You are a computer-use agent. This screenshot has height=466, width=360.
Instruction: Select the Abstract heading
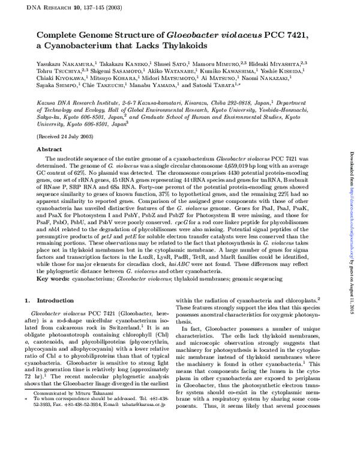[49, 148]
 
